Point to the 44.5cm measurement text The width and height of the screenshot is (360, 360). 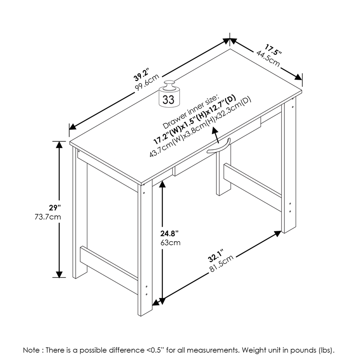click(x=268, y=58)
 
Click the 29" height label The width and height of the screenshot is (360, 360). click(x=54, y=208)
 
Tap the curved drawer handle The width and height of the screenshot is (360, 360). click(x=219, y=148)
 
